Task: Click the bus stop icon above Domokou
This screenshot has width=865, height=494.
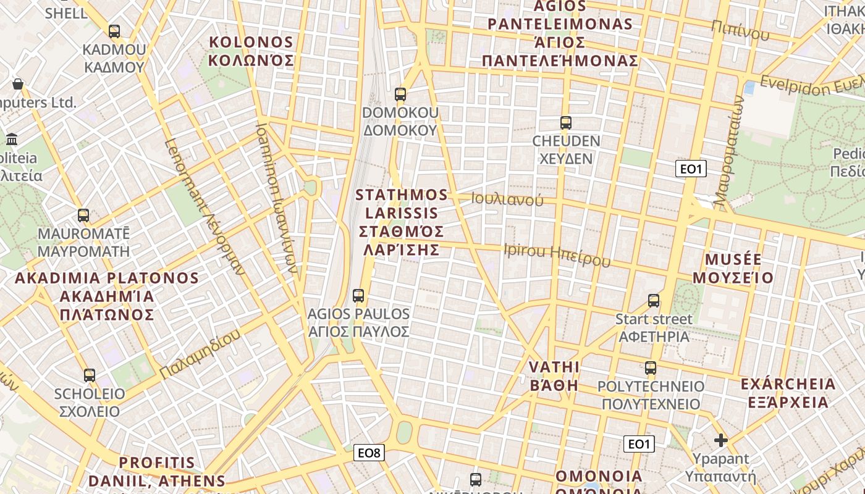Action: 400,94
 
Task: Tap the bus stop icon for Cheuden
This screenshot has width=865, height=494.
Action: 565,123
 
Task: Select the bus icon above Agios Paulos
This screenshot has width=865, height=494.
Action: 358,295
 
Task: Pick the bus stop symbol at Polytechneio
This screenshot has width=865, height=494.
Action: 651,368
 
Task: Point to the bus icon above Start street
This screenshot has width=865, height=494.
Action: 654,301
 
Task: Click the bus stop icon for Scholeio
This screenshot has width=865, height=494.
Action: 90,375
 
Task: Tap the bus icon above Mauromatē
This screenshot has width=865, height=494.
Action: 83,216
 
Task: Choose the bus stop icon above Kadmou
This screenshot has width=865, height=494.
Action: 114,31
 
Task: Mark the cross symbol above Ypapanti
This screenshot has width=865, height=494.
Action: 720,440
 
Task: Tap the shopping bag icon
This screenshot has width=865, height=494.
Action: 18,84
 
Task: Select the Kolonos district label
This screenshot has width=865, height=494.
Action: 250,51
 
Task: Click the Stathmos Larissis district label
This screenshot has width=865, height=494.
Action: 401,222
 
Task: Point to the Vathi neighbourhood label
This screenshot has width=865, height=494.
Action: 554,376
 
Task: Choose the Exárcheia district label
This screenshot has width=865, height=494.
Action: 788,393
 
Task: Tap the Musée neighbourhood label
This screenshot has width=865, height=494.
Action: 733,268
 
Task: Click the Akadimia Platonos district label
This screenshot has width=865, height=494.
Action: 106,296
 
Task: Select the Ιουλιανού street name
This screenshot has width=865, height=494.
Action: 507,199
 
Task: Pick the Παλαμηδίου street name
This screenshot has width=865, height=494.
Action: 199,355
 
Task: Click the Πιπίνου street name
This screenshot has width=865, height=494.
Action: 740,29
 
